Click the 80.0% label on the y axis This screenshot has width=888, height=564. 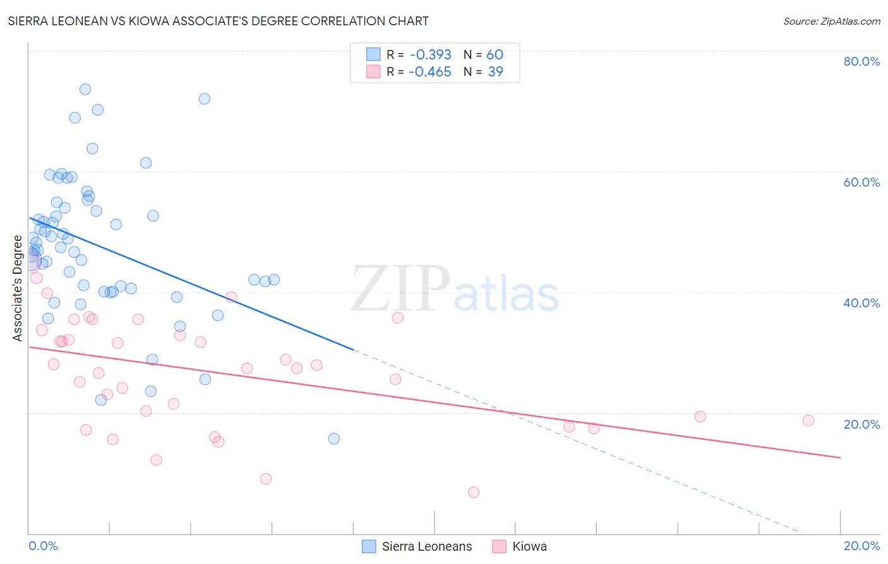(861, 61)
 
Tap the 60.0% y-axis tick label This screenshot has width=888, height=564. (861, 182)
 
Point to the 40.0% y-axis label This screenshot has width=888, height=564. (861, 303)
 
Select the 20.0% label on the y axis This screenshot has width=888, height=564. (861, 424)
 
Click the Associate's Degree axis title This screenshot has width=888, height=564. (18, 288)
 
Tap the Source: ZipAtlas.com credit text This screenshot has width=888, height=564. (831, 21)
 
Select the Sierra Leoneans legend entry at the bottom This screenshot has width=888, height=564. (426, 547)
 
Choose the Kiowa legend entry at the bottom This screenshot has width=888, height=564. (529, 547)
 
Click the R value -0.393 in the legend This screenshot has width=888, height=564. (430, 55)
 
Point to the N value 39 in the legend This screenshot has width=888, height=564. (496, 72)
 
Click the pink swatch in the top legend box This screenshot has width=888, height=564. (373, 72)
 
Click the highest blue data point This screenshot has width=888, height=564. (85, 89)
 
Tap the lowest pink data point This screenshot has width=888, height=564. (474, 493)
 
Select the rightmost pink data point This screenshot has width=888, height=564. (808, 420)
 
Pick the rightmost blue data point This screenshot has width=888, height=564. (334, 439)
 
